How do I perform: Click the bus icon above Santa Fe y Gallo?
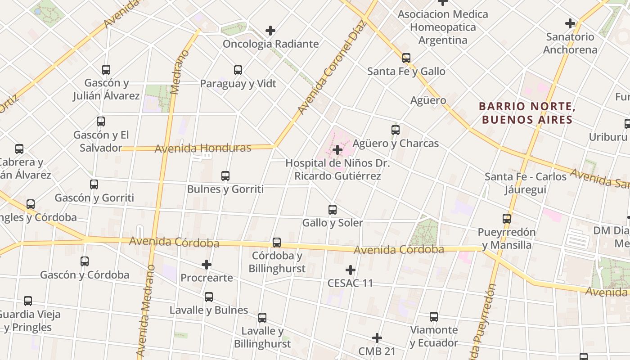[x=406, y=58]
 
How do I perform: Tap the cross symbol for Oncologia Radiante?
[x=270, y=31]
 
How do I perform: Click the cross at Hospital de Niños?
[x=337, y=150]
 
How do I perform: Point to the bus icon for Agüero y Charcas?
[x=396, y=130]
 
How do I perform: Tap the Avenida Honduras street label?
[x=203, y=148]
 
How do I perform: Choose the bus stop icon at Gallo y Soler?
[x=333, y=209]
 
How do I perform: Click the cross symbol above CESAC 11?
[x=351, y=270]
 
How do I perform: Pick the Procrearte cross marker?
[x=207, y=265]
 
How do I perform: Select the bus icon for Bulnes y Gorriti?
[x=225, y=176]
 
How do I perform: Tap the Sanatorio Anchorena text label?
[x=570, y=43]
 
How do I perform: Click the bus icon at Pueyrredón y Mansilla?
[x=507, y=219]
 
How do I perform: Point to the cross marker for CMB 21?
[x=377, y=338]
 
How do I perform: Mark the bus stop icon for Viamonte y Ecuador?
[x=434, y=317]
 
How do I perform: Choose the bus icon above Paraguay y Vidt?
[x=238, y=70]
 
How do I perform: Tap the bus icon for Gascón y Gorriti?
[x=94, y=184]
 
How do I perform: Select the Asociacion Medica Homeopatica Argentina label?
[x=443, y=27]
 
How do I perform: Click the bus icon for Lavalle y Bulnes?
[x=209, y=297]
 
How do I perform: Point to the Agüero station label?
[x=428, y=100]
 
